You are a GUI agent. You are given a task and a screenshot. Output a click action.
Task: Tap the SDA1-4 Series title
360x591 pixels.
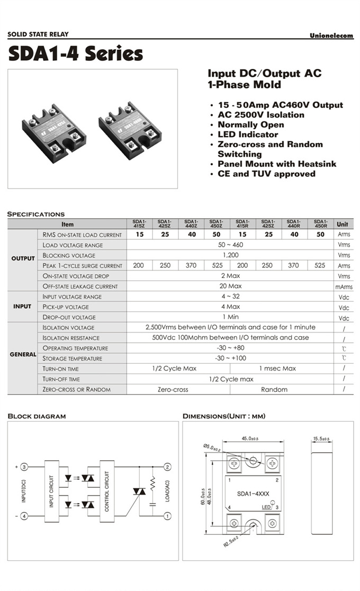pos(75,53)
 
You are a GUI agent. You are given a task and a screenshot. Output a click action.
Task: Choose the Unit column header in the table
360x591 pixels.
pos(343,224)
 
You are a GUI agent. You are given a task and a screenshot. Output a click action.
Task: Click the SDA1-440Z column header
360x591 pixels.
pos(191,224)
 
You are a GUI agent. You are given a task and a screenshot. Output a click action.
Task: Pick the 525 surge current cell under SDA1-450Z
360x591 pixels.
pos(217,265)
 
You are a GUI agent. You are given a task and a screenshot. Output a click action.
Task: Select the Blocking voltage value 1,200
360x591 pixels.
pos(230,255)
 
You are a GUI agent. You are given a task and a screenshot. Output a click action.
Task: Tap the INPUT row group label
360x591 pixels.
pos(22,307)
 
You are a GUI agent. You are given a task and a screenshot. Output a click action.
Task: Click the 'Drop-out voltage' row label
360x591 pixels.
pos(69,317)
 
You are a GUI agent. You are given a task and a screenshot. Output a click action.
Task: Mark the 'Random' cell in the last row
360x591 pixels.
pos(274,389)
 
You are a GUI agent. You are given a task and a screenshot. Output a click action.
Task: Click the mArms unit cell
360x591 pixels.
pos(343,286)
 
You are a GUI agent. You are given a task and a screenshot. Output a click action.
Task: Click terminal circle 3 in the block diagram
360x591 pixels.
pos(24,467)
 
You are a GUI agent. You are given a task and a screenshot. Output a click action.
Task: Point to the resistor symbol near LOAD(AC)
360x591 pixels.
pos(153,482)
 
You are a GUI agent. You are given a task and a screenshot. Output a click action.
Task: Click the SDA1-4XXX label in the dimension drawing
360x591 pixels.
pos(253,494)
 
